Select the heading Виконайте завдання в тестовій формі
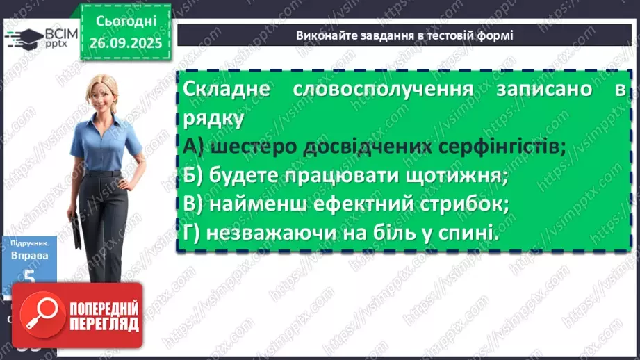coord(404,35)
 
